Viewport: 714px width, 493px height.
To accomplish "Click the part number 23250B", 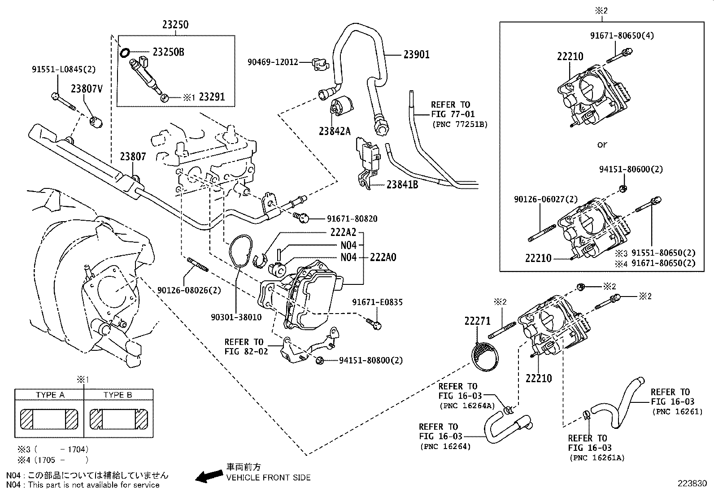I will click(x=168, y=52).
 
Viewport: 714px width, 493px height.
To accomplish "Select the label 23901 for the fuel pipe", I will click(x=416, y=55).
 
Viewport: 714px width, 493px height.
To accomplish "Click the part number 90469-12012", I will click(x=273, y=62).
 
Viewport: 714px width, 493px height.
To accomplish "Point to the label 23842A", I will click(x=335, y=131).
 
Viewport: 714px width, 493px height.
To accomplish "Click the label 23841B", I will click(x=402, y=184).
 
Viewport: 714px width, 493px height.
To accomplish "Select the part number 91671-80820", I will click(x=352, y=219).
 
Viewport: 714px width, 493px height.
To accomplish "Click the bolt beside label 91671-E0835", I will click(x=374, y=323).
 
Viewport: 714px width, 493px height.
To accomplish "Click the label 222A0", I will click(x=383, y=257).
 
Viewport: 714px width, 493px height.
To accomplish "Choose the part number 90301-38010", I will click(x=236, y=317).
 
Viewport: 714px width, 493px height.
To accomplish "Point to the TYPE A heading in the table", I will click(x=50, y=395).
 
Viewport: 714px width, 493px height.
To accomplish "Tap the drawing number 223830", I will click(x=692, y=484).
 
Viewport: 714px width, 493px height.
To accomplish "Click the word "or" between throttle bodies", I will click(x=602, y=144).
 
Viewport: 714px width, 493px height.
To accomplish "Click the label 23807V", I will click(x=87, y=89).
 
